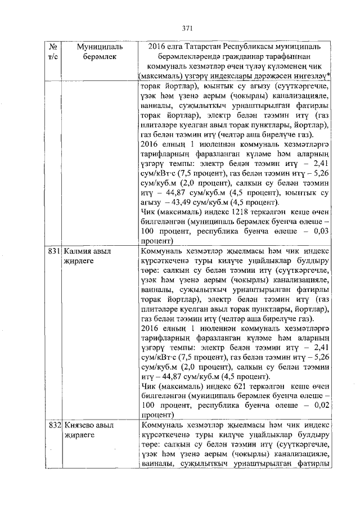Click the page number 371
(188, 28)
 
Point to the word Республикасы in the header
(250, 46)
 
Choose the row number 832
(55, 425)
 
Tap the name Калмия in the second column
(79, 252)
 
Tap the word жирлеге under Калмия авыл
(79, 262)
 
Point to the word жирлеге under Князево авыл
(79, 435)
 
